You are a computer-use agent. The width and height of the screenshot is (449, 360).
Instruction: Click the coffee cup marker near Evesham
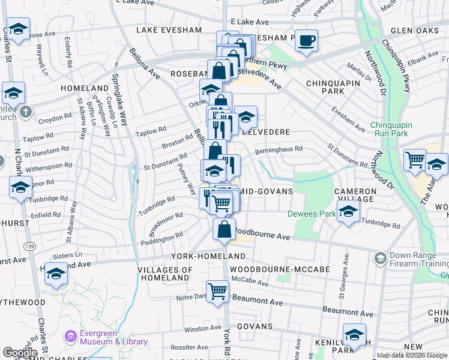(307, 40)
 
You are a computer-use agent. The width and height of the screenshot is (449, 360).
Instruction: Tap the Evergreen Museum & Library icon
(71, 336)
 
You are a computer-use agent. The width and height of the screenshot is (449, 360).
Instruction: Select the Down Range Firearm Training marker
(379, 258)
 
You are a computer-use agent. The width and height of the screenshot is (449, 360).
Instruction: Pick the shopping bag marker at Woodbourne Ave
(224, 229)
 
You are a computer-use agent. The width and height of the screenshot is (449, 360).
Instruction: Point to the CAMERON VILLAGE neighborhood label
(355, 195)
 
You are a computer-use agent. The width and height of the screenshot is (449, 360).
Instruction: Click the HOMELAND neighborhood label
(85, 88)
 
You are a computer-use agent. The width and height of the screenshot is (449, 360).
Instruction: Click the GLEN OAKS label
(416, 30)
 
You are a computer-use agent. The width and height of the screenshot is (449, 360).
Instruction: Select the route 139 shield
(28, 247)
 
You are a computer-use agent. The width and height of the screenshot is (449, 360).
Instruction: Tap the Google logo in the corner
(20, 353)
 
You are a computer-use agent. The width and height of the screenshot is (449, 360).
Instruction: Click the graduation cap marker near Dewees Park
(348, 211)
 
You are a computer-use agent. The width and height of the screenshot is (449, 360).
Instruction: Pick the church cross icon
(25, 112)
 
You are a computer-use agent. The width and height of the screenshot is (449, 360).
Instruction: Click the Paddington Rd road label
(162, 239)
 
